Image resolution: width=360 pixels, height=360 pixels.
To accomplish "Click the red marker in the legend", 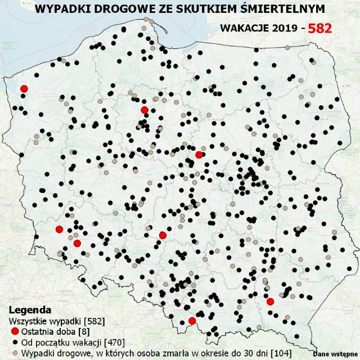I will tap(15, 331).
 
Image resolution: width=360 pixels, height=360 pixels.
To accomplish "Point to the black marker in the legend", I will tap(15, 342).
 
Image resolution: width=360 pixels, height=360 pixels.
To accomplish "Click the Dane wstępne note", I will tap(332, 354).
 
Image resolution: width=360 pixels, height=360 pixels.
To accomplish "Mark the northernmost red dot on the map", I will tap(24, 88).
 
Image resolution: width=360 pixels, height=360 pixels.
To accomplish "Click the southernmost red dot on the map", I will tap(192, 321).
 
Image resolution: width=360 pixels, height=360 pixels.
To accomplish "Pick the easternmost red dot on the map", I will tap(270, 301).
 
